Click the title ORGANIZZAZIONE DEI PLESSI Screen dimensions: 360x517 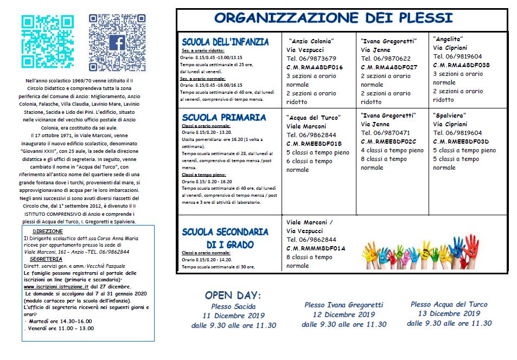click(333, 18)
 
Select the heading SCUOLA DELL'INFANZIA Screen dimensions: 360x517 click(225, 42)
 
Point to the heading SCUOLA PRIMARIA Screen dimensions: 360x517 click(224, 117)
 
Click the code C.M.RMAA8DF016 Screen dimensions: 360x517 click(315, 67)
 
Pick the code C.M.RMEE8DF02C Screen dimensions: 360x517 click(388, 142)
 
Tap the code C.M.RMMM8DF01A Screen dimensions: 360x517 click(316, 248)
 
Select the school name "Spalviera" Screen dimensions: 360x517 click(450, 116)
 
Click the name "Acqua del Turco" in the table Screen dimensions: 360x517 click(314, 118)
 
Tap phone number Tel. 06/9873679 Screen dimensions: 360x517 click(311, 59)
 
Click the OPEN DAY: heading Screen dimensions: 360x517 click(233, 295)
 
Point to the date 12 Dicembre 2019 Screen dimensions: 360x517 click(344, 314)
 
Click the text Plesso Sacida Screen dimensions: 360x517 click(234, 306)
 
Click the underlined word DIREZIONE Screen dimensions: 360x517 click(52, 231)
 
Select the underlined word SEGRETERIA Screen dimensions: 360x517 click(46, 259)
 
